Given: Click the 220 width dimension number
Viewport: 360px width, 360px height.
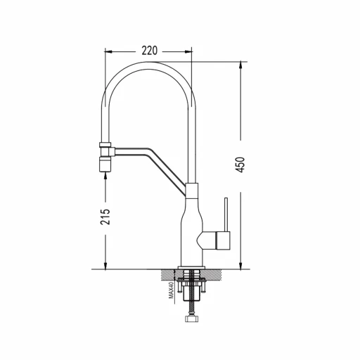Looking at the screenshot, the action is coord(149,51).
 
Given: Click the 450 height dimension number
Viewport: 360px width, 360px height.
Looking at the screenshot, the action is coord(240,165).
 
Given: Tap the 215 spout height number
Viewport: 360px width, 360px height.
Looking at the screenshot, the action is coord(105,217).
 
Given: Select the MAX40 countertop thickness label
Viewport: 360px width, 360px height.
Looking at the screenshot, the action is coord(171,290).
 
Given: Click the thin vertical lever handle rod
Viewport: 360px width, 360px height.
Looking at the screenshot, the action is coord(226,214).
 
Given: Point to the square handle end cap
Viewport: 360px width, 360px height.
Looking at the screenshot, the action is coord(223,240).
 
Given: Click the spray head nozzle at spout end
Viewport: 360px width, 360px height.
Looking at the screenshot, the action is coord(105,165).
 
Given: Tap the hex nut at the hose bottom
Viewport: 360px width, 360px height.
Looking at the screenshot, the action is coord(191,319).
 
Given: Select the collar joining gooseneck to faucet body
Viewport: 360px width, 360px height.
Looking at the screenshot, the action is coord(192,190).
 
